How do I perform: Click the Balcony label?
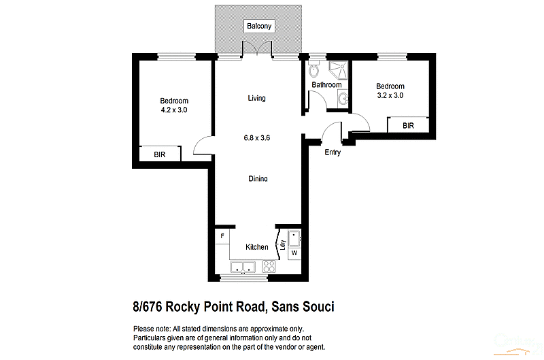(259, 27)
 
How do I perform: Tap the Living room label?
(256, 98)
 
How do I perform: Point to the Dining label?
(257, 178)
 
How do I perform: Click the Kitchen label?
(256, 247)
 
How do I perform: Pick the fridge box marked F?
(222, 237)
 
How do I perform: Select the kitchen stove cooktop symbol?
(268, 267)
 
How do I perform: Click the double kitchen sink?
(242, 267)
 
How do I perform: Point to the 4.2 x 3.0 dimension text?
(174, 110)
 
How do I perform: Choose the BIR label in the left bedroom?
(159, 155)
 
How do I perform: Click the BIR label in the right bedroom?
(408, 126)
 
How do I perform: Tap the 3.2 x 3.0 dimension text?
(390, 96)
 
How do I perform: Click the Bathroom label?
(326, 85)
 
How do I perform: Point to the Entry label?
(333, 152)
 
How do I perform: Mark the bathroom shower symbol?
(337, 69)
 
